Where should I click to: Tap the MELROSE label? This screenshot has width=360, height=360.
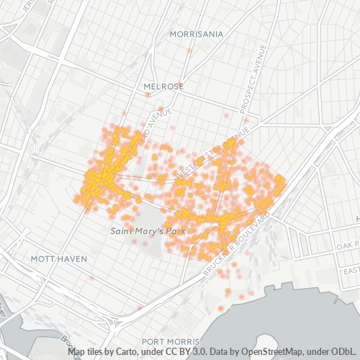tap(163, 86)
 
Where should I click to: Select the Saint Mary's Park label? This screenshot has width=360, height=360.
tap(148, 231)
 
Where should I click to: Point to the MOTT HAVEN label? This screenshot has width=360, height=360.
tap(59, 258)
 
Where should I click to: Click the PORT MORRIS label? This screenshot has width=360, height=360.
tap(170, 341)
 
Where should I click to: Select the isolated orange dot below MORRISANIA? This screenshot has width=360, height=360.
tap(189, 50)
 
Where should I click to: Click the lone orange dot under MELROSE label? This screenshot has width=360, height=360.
tap(148, 94)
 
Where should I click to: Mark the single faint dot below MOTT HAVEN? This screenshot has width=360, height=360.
tap(91, 278)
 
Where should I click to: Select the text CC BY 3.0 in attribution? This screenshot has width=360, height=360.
tap(173, 352)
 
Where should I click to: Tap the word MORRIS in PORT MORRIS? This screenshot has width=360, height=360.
tap(181, 341)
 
